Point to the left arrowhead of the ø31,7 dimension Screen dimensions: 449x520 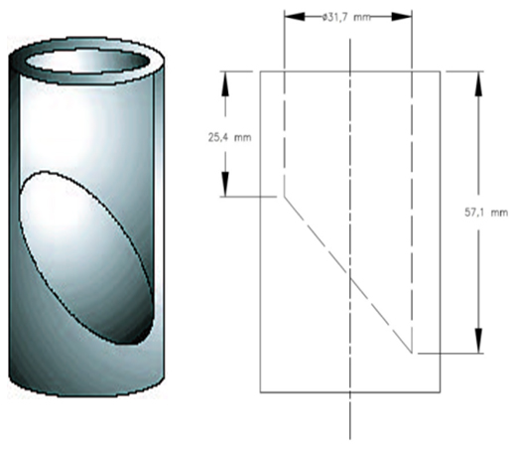[x=290, y=15]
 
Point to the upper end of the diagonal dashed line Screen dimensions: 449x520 [x=285, y=197]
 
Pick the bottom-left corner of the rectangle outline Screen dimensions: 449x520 [x=260, y=391]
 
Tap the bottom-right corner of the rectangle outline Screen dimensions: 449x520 [x=442, y=391]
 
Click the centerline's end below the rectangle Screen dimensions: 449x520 [x=351, y=437]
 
